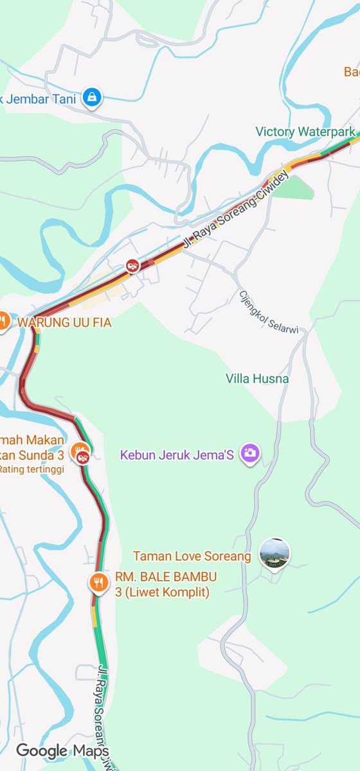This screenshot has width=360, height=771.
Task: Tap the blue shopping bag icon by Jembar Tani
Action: coord(93,98)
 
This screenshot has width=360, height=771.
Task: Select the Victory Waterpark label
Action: coord(305,132)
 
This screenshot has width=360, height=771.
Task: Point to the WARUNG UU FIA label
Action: coord(64,323)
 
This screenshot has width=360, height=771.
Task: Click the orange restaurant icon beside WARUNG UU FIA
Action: coord(3,320)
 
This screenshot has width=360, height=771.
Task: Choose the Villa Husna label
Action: coord(257,379)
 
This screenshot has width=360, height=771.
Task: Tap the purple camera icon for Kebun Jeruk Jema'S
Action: coord(249,454)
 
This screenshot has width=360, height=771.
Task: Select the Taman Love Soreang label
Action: coord(192,556)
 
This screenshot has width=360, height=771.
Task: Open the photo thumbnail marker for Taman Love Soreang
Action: coord(274,553)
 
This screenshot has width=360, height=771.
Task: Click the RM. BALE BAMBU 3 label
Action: coord(165,583)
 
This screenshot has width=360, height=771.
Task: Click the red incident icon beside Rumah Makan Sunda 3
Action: coord(83,458)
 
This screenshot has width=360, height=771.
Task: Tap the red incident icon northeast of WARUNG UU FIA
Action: coord(132,265)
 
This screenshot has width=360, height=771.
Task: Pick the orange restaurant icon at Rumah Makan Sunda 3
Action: coord(79,448)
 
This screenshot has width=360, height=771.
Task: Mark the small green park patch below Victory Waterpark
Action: coord(296,186)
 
